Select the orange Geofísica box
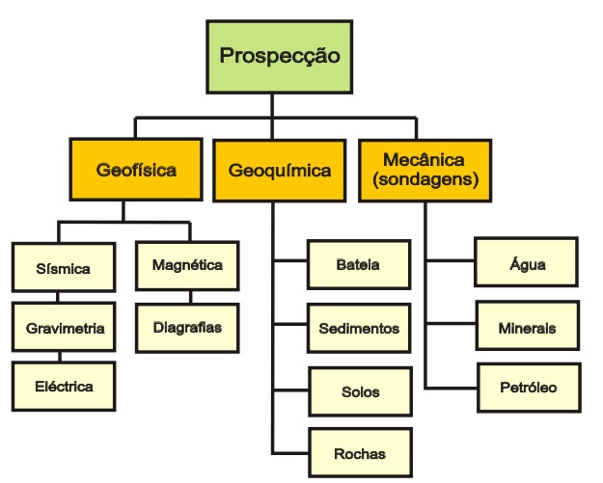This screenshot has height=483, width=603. (136, 171)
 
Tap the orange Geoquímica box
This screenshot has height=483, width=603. (280, 171)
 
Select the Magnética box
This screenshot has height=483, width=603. (186, 264)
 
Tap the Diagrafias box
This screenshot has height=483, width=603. (186, 328)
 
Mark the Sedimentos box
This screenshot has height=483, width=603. (358, 329)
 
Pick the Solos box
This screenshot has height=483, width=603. (358, 392)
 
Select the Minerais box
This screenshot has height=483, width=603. (527, 328)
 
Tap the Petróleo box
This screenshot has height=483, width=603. (527, 388)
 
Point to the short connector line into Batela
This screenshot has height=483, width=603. (290, 261)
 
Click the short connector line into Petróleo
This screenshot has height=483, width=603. (450, 388)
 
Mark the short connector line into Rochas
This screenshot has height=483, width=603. (290, 451)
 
